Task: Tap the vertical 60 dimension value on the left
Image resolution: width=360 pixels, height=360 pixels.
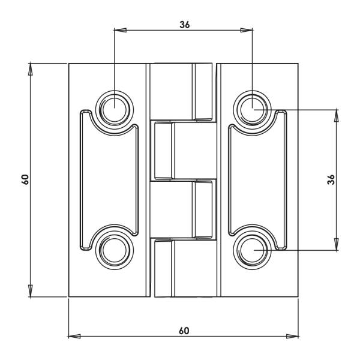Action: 25,179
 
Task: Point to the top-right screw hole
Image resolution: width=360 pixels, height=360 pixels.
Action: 253,109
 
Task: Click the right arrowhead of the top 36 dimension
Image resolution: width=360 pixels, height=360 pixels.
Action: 246,29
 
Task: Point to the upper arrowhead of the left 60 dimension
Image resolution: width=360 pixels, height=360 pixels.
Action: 30,68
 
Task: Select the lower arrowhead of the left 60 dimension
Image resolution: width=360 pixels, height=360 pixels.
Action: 30,290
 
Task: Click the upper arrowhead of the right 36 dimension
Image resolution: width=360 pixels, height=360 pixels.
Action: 337,115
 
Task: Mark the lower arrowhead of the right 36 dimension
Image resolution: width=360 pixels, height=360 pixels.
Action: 337,244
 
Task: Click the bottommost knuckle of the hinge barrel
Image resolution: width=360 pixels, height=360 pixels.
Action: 183,268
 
